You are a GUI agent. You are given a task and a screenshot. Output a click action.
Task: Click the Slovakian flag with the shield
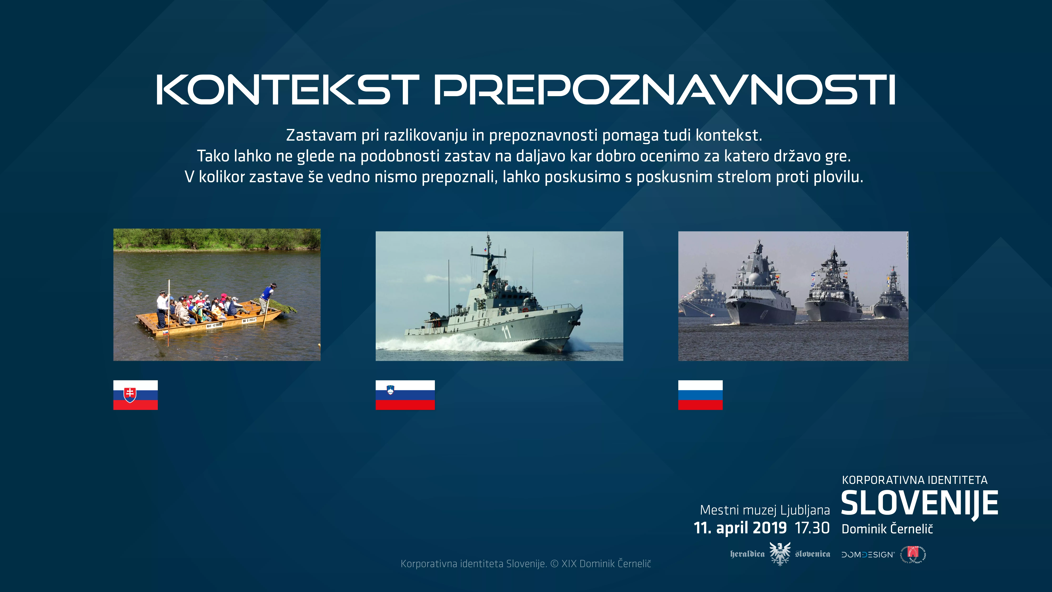tap(135, 395)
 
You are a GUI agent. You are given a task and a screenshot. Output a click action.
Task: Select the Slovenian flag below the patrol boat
tap(405, 395)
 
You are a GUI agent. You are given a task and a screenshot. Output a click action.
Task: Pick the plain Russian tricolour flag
tap(700, 395)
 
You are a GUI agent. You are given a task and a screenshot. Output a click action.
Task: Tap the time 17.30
tap(812, 528)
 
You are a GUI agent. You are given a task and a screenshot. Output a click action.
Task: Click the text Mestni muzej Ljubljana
tap(765, 510)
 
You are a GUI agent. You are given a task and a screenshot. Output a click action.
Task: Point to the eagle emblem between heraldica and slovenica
tap(780, 554)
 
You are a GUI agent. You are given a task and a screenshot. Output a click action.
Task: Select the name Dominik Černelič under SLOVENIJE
tap(887, 529)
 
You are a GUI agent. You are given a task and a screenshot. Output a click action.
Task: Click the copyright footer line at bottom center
tap(526, 564)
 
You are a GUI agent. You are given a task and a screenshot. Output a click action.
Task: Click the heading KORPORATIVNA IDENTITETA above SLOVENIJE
tap(914, 480)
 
